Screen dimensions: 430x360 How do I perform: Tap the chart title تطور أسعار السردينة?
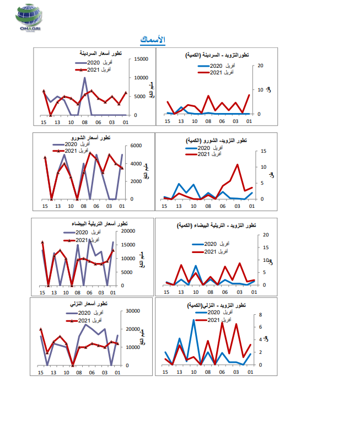click(x=99, y=53)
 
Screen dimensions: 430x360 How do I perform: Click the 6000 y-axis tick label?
click(x=136, y=146)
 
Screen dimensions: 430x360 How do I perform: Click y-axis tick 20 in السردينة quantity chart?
click(x=261, y=66)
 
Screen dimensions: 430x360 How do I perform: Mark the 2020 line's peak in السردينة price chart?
click(x=85, y=78)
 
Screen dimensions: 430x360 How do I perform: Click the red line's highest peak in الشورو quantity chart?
click(x=238, y=164)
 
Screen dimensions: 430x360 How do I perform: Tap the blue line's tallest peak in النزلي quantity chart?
click(x=194, y=320)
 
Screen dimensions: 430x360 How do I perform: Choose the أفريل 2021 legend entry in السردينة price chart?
click(x=100, y=70)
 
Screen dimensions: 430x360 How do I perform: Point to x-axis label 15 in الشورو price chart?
click(x=44, y=206)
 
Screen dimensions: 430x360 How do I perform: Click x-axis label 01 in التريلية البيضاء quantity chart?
click(x=251, y=293)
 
